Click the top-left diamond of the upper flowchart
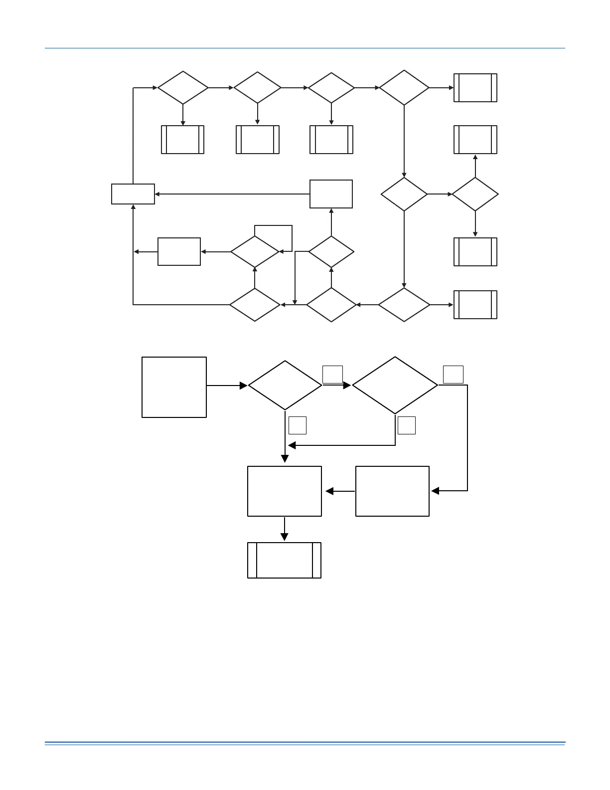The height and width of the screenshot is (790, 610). click(x=183, y=88)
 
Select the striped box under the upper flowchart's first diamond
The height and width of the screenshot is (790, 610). click(x=183, y=140)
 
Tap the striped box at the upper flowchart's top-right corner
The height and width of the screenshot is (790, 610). click(x=475, y=88)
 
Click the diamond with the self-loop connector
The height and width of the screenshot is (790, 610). click(x=255, y=252)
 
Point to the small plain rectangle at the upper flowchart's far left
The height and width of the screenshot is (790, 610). click(x=133, y=194)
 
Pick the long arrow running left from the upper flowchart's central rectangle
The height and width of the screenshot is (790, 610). click(x=232, y=194)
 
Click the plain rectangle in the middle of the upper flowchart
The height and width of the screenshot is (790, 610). click(x=331, y=194)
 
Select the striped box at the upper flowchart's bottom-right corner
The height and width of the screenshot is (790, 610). click(x=475, y=305)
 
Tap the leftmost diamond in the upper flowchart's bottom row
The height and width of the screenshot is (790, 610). click(x=255, y=305)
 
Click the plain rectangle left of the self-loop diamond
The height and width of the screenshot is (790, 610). click(x=179, y=252)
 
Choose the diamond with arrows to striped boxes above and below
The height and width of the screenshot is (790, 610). click(x=475, y=195)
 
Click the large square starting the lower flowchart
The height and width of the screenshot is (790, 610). click(x=174, y=387)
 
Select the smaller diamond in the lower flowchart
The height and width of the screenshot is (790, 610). click(x=285, y=386)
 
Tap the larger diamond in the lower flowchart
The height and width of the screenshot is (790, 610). click(x=395, y=385)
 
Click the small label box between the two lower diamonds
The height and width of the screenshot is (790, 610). click(x=332, y=374)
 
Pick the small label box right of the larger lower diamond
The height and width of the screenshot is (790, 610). click(x=453, y=374)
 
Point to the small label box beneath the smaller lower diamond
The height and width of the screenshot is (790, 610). click(x=298, y=425)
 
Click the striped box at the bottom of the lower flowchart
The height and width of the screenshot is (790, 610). click(x=284, y=560)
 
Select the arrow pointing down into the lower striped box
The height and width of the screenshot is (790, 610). click(x=285, y=529)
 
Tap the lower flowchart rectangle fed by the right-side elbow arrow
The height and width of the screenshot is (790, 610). click(x=392, y=491)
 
